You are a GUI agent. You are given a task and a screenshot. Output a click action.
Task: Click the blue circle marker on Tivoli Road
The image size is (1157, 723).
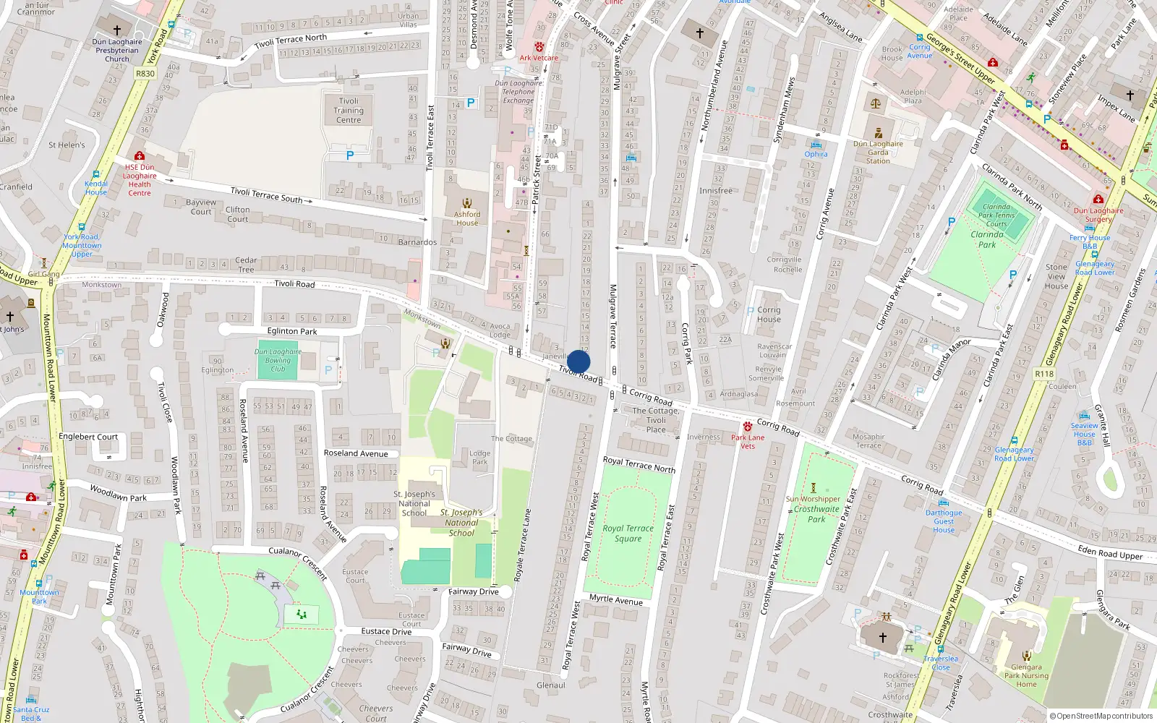tap(578, 361)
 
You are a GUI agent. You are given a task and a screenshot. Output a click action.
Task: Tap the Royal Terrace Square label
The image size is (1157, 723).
tap(628, 534)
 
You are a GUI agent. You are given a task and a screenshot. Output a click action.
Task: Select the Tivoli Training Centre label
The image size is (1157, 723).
tap(349, 111)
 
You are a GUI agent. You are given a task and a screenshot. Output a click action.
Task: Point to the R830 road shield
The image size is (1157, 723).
tap(145, 73)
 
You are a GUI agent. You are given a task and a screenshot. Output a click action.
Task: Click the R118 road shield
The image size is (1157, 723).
tap(1044, 374)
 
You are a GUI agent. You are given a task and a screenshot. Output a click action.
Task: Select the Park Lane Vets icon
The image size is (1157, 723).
tap(748, 427)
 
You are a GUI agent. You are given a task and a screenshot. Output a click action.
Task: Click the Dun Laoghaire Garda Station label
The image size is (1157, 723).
tap(878, 152)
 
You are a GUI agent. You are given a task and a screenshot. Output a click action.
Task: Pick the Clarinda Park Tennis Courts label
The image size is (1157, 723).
tap(996, 215)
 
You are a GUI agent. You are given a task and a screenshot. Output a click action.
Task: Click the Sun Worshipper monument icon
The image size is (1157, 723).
tap(814, 488)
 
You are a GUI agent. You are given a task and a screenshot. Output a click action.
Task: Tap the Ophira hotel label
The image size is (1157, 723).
tap(816, 154)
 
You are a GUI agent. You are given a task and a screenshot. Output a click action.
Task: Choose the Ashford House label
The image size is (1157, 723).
tap(467, 218)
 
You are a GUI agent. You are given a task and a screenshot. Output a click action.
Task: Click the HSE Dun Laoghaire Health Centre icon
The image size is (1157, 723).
tap(140, 155)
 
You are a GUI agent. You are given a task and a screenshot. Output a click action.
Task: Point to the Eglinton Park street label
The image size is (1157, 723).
tap(292, 331)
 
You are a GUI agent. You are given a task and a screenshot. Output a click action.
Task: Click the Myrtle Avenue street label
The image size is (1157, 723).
tap(615, 599)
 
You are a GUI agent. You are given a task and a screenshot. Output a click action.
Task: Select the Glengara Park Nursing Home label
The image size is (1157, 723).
tap(1026, 676)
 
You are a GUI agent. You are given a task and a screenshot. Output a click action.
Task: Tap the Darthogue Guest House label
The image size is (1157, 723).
tap(944, 521)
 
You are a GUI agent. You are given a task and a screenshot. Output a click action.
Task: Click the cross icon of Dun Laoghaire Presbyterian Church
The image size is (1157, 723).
tap(117, 30)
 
